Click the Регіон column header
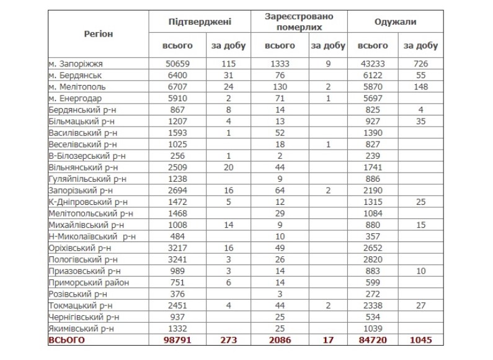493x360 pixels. tap(98, 34)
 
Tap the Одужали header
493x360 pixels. tap(395, 22)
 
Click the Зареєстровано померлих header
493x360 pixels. tap(298, 22)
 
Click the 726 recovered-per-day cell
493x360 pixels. tap(420, 63)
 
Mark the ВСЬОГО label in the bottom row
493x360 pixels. tap(66, 340)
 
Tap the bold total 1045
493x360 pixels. tap(420, 340)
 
